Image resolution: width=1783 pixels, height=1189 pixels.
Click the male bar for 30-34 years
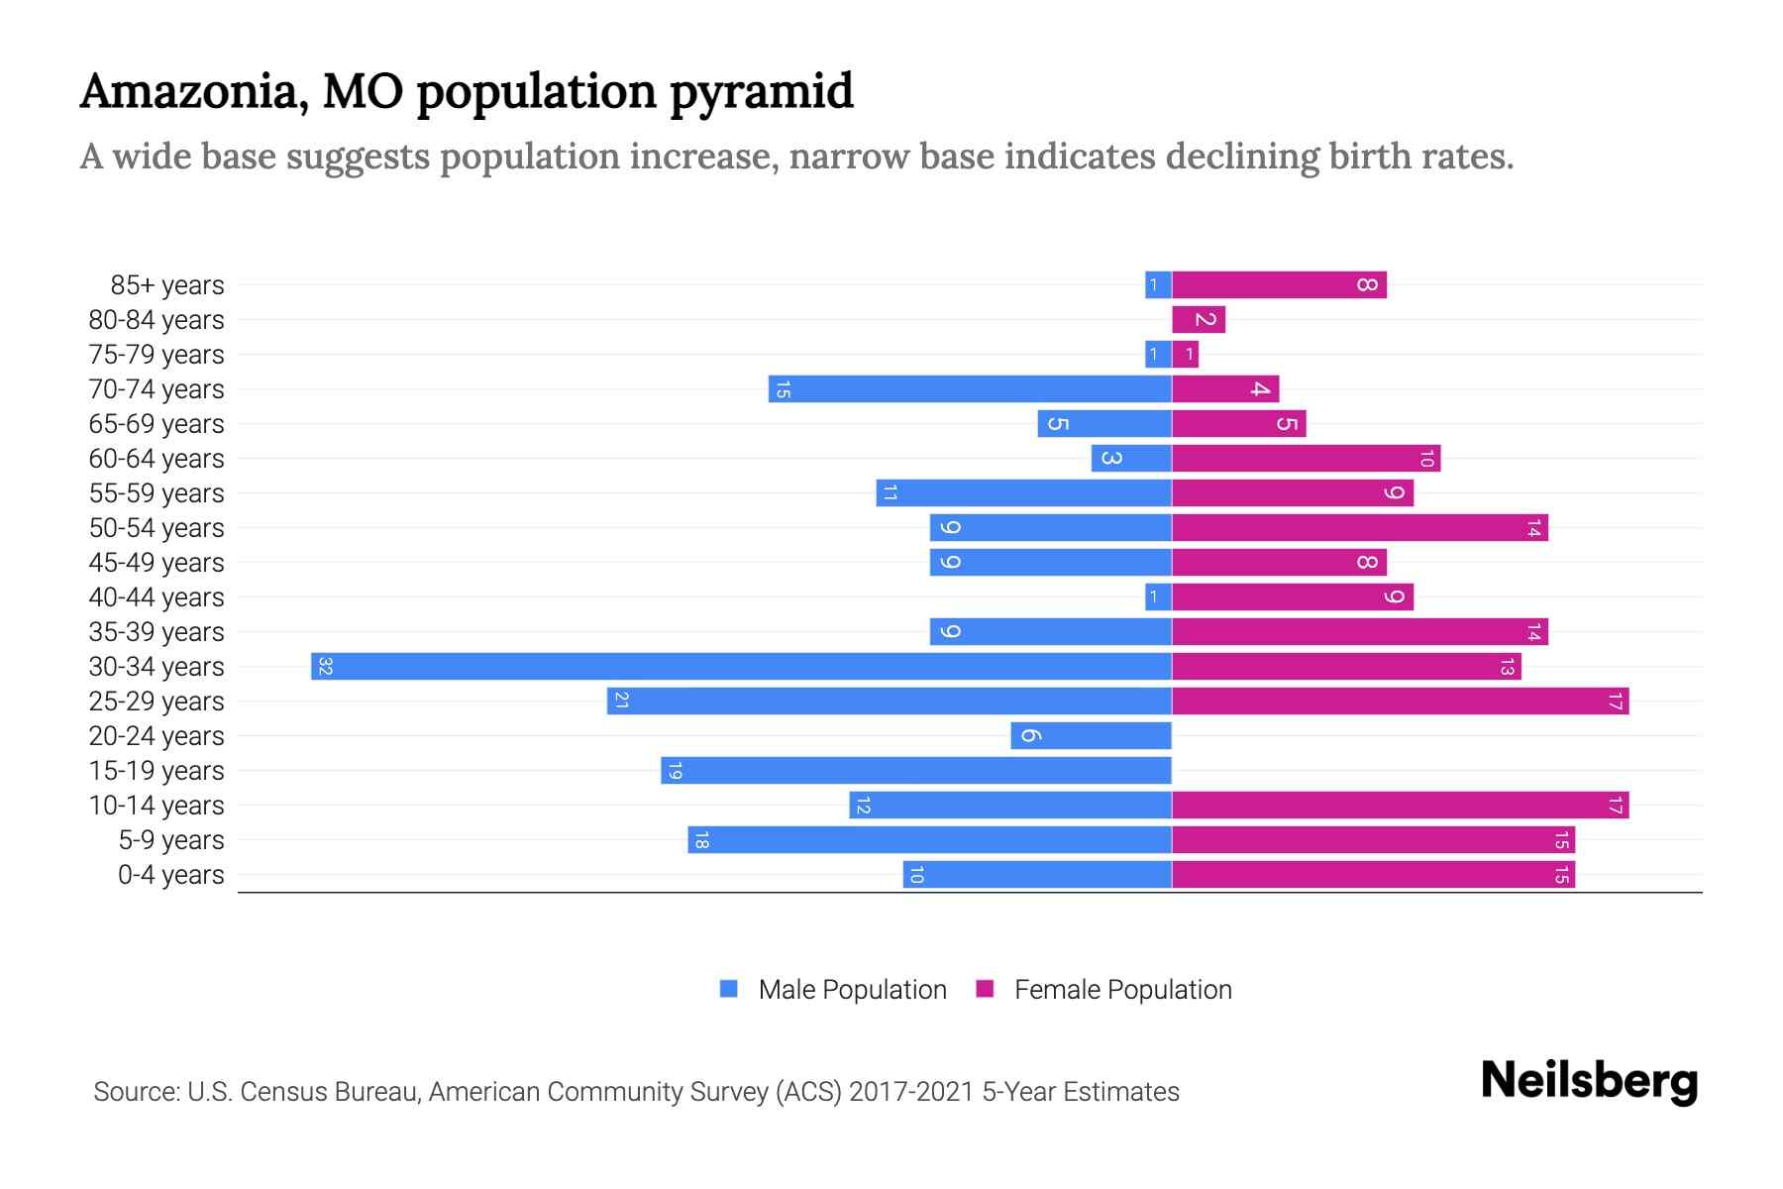pos(741,666)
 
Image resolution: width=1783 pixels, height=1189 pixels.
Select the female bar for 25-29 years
pos(1400,702)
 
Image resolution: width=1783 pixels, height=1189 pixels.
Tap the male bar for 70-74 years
pos(970,389)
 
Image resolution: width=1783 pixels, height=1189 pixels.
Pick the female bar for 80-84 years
pos(1199,320)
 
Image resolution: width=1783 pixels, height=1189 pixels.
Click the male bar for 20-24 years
pos(1091,736)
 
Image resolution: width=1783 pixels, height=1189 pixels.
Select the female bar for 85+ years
pos(1279,285)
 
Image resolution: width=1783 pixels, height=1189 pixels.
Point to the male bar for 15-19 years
pos(916,771)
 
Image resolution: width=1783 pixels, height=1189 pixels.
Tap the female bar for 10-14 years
pos(1400,806)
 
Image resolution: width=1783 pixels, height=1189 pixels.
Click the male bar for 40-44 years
pos(1158,597)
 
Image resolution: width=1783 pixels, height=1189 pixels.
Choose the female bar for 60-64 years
pos(1306,459)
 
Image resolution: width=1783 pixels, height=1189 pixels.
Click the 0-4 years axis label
pos(170,875)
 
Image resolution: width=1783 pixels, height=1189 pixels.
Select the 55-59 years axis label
pos(157,493)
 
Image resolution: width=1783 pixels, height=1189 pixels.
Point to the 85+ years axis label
pos(167,285)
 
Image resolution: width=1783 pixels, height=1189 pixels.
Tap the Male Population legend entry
pos(851,990)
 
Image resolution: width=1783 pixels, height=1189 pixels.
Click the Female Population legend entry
pos(1121,990)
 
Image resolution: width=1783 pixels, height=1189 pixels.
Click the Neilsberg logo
pos(1589,1081)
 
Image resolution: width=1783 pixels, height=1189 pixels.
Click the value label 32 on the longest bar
pos(325,667)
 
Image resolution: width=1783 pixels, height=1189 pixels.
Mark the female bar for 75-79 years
pos(1185,355)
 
